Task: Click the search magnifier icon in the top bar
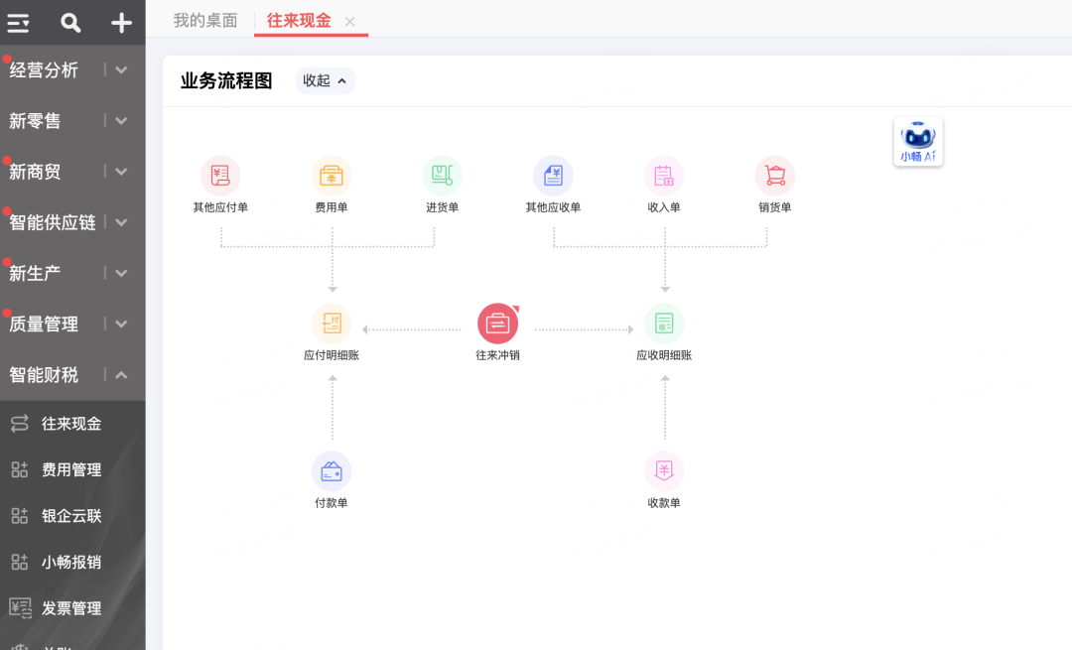click(70, 23)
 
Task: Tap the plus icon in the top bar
click(121, 23)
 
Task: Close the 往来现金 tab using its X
click(349, 22)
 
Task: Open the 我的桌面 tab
click(205, 21)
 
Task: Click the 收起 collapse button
click(325, 81)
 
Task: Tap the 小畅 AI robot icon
click(918, 142)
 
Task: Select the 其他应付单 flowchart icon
click(220, 176)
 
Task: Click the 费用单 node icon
click(332, 176)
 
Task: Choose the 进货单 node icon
click(443, 176)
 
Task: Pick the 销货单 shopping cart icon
click(775, 176)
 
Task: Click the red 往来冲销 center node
click(498, 324)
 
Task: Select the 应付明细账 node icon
click(332, 324)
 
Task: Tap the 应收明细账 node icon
click(664, 324)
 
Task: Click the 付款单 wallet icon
click(332, 471)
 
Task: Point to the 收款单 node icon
click(664, 471)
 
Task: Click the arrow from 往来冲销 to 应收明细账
click(584, 329)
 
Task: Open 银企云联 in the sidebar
click(71, 516)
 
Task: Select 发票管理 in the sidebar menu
click(71, 608)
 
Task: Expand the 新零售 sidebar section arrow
click(121, 121)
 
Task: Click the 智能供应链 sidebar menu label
click(53, 222)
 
